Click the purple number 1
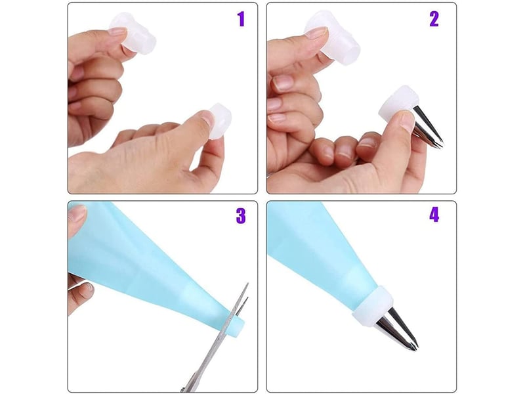241,19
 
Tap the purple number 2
434,19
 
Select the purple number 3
241,216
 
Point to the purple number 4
434,215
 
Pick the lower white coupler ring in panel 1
219,121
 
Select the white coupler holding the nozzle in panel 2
398,104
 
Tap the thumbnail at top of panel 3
77,213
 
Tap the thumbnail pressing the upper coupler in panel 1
118,32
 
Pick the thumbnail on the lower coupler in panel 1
207,120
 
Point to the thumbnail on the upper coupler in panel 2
316,33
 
